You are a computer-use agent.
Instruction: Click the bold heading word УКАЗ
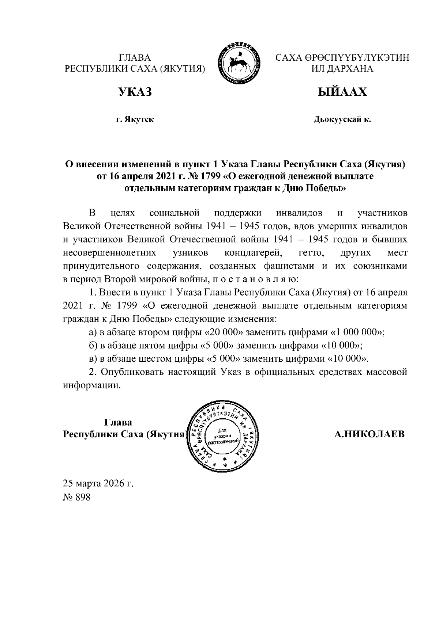[134, 92]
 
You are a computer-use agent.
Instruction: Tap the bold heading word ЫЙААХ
[342, 92]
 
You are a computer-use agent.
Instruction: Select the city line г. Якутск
[135, 119]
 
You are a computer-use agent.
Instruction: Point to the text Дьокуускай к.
[342, 119]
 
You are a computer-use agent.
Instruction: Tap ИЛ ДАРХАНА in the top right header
[342, 68]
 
